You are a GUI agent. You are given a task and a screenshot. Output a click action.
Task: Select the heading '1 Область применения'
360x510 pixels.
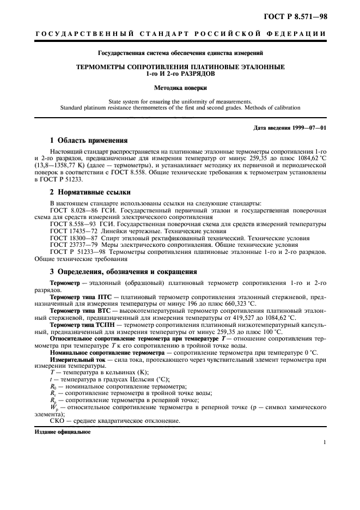(89, 140)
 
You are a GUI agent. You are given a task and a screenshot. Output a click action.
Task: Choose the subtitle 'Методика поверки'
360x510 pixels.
(180, 88)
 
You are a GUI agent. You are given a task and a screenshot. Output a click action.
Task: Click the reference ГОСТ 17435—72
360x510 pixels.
(72, 230)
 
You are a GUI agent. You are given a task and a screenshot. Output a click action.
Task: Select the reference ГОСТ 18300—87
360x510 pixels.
(72, 238)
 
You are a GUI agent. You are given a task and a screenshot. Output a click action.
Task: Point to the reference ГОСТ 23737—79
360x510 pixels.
(72, 245)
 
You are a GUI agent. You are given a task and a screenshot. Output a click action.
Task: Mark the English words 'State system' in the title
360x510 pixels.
(124, 101)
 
